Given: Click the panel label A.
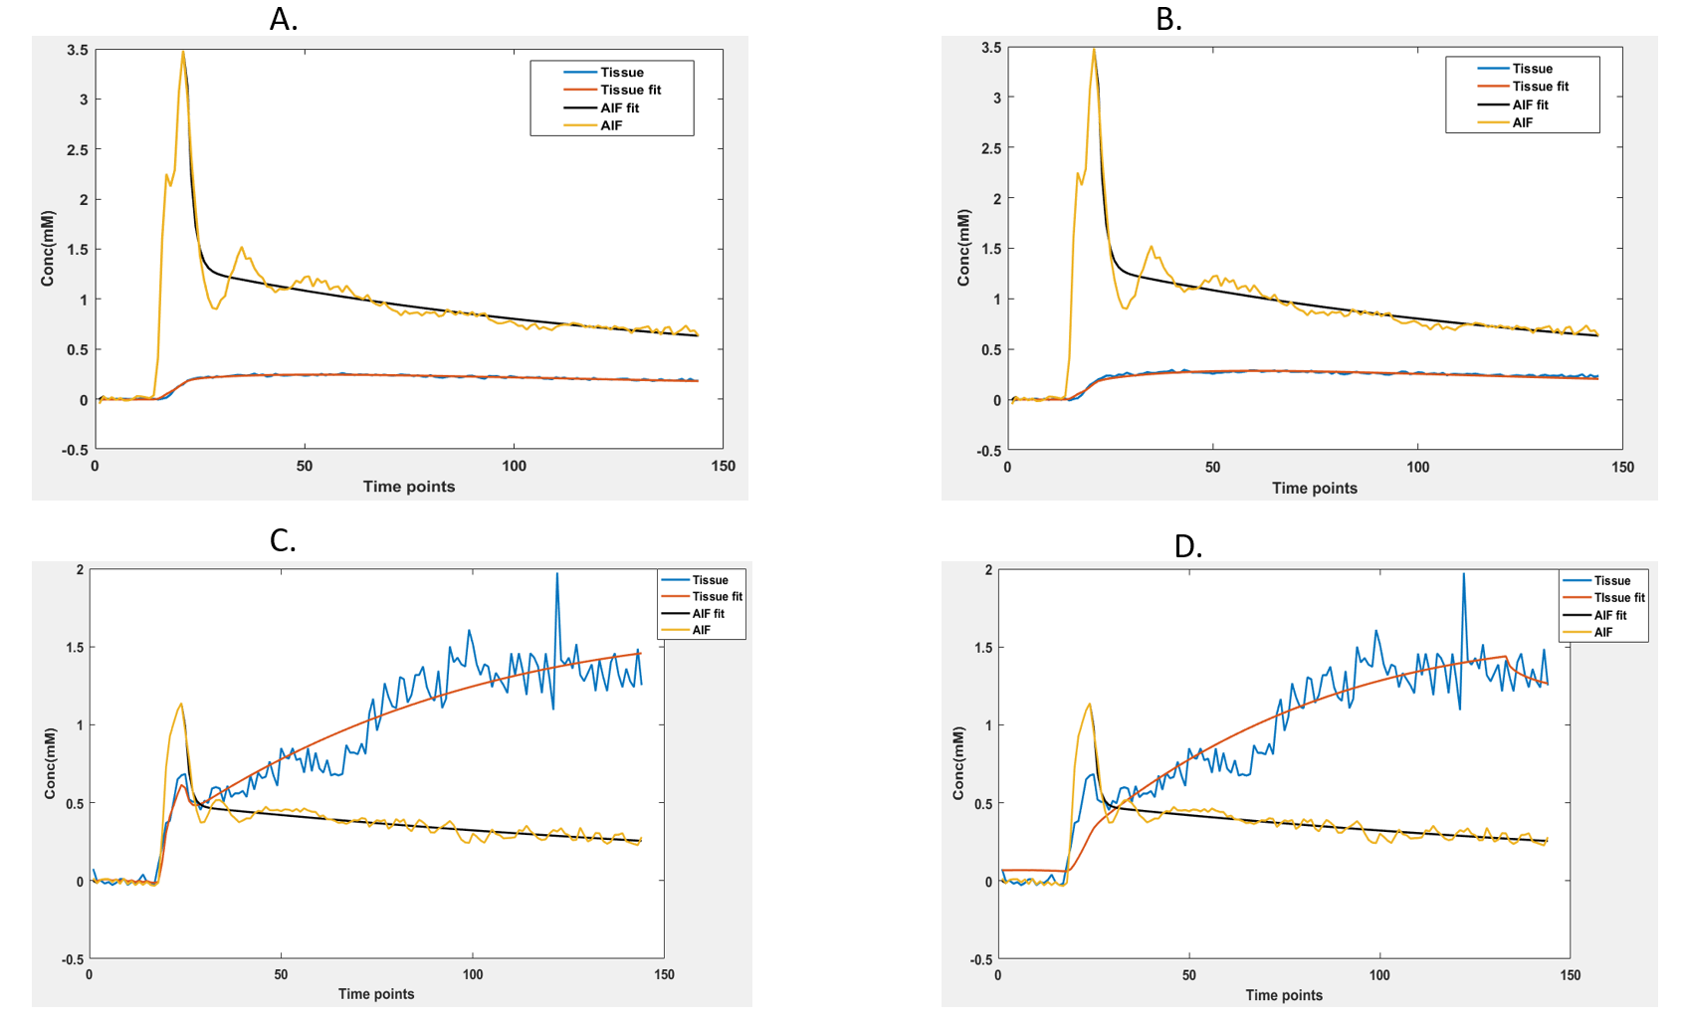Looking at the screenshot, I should (283, 19).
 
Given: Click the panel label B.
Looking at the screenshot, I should (1168, 19).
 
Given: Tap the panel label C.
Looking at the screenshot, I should (283, 540).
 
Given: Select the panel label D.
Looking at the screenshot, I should (1187, 545).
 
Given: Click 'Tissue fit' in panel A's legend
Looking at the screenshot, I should (630, 90).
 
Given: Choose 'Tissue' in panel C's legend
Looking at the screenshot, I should (710, 580).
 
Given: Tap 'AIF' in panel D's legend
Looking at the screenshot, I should (1602, 632).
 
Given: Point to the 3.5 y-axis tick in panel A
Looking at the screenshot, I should (78, 50).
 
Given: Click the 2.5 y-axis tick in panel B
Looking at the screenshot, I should (991, 148).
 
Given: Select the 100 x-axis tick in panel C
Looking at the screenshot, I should (473, 974).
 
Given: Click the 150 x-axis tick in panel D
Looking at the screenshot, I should (1570, 975).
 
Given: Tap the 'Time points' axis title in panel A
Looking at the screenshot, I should (408, 487).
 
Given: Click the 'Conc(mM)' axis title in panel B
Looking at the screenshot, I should (963, 248).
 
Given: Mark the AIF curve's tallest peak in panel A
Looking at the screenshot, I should (183, 52).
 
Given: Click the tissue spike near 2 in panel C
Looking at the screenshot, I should (556, 574).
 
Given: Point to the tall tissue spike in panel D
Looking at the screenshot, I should (1463, 574).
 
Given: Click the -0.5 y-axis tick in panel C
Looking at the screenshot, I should (73, 959).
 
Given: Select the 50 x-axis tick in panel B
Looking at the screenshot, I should (1212, 467).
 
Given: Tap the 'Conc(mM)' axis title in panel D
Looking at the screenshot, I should (958, 763).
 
